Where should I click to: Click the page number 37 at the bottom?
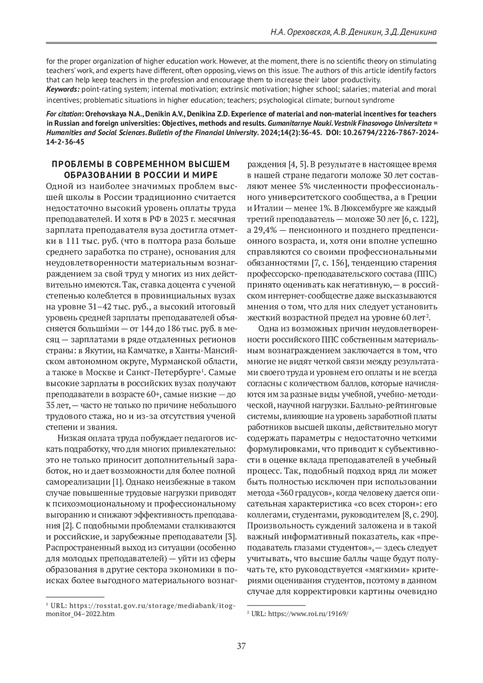coord(241,646)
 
